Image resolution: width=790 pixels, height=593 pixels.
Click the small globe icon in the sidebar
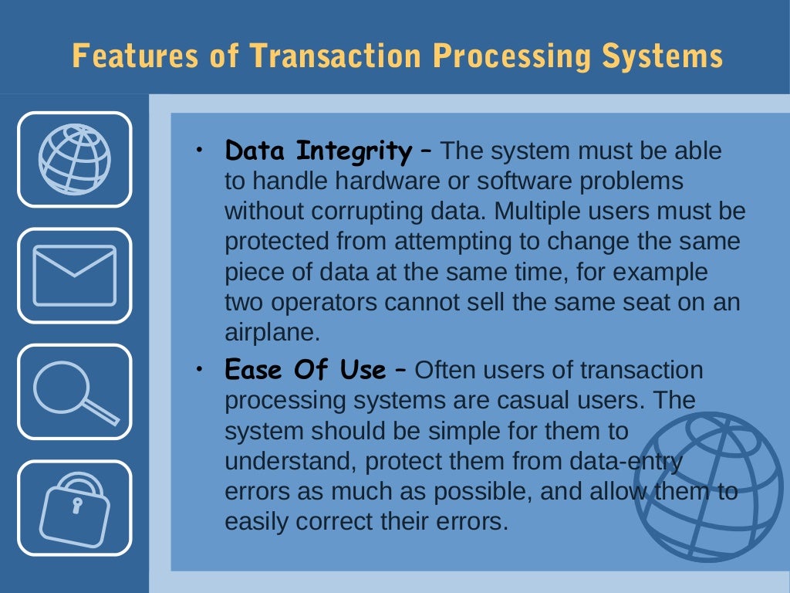point(75,160)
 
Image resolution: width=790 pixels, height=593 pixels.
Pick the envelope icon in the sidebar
point(75,276)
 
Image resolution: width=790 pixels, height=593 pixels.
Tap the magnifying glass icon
point(75,391)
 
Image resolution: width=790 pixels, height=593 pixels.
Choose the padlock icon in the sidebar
point(75,507)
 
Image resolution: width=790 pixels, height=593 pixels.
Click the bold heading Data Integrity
point(318,151)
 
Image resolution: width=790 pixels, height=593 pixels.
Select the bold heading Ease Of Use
point(305,371)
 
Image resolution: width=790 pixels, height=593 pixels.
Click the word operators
point(317,302)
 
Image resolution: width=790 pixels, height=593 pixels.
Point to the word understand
point(289,462)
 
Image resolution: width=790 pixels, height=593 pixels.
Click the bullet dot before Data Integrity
point(199,147)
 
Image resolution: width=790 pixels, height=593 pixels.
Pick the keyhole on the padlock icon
point(76,506)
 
